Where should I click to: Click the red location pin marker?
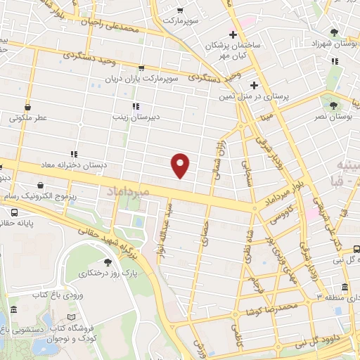point(181,165)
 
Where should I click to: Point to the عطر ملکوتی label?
point(27,119)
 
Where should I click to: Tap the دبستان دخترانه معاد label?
point(77,165)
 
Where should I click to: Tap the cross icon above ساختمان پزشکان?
point(233,35)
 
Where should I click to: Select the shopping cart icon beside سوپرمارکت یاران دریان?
point(141,69)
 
